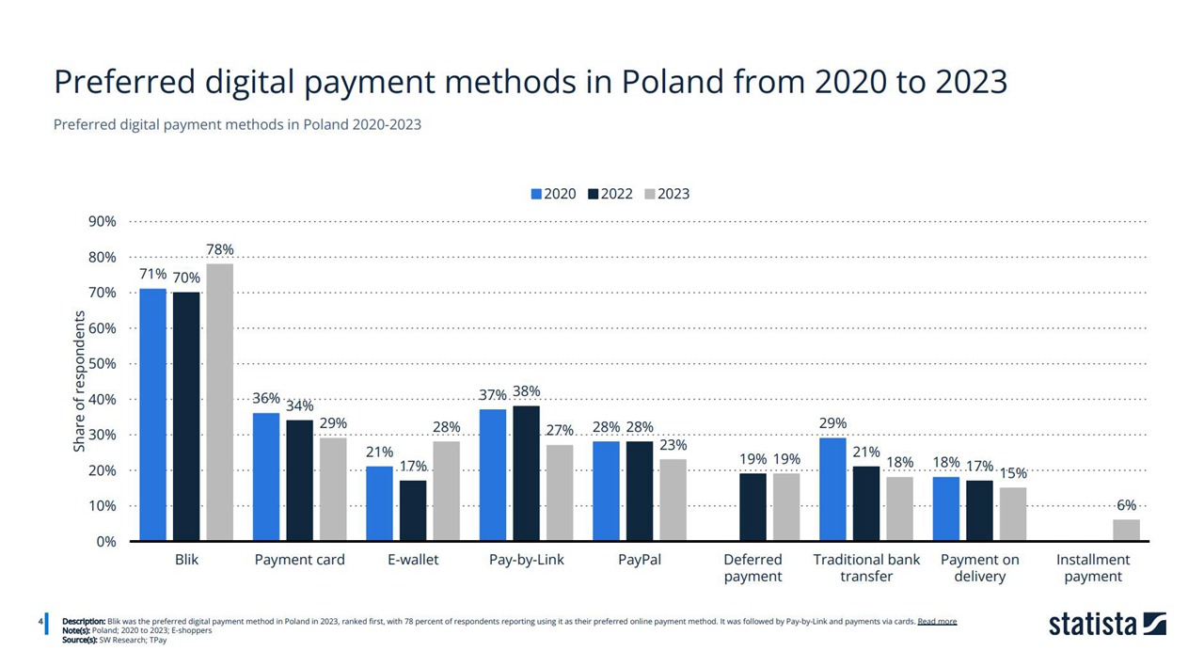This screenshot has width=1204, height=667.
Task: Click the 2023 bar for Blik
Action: [x=219, y=402]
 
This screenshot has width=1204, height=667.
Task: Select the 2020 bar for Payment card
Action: [x=266, y=477]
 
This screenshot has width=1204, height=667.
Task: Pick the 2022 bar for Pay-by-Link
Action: [x=526, y=473]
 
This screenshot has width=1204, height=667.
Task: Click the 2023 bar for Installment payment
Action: [x=1126, y=531]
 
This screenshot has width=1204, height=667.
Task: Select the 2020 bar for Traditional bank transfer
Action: [x=833, y=489]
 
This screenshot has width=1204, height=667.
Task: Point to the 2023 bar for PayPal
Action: [x=673, y=500]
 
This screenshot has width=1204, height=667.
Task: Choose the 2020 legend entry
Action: [x=553, y=194]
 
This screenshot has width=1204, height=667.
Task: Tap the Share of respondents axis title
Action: [x=80, y=387]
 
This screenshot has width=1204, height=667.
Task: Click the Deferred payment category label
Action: [x=752, y=567]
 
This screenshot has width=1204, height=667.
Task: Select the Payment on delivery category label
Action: [x=979, y=567]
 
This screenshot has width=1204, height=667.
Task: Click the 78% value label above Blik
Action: [x=219, y=249]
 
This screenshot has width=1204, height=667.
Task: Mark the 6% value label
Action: [x=1126, y=505]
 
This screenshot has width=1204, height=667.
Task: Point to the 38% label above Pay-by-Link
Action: [x=526, y=391]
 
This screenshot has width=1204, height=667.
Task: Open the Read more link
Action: [x=937, y=622]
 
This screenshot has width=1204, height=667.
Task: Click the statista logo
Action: [x=1107, y=624]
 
